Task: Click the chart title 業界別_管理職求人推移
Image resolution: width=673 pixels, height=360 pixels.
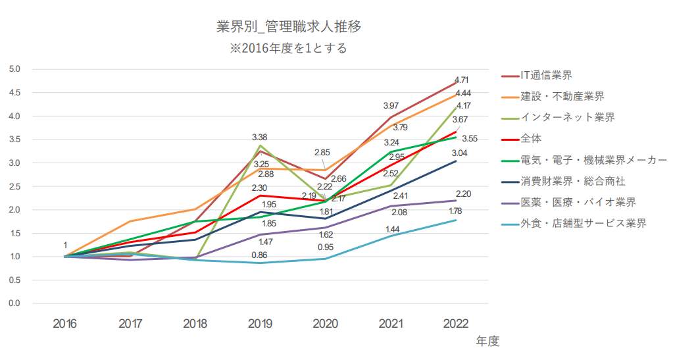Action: pos(289,27)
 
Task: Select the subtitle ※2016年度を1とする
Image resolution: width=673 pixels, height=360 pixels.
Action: pos(289,48)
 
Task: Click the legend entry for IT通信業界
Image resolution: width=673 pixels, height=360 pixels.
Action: pos(546,75)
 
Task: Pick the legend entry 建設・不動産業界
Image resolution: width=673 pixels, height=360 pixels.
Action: pos(562,96)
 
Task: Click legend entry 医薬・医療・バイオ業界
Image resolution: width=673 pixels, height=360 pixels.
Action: pos(578,201)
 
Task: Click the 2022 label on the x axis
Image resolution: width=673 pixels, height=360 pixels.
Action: pos(455,323)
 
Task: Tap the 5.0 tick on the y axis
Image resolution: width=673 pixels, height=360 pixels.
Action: pos(14,69)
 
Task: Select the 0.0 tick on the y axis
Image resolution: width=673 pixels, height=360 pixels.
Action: pos(14,303)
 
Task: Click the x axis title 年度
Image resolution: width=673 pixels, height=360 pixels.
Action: pos(487,341)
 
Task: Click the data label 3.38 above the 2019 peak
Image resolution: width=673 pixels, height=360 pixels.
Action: pos(260,137)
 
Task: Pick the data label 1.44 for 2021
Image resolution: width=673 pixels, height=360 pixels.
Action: pos(393,229)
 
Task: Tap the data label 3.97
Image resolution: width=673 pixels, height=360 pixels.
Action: pos(391,106)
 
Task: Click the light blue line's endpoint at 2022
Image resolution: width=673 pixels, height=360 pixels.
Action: pos(455,220)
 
